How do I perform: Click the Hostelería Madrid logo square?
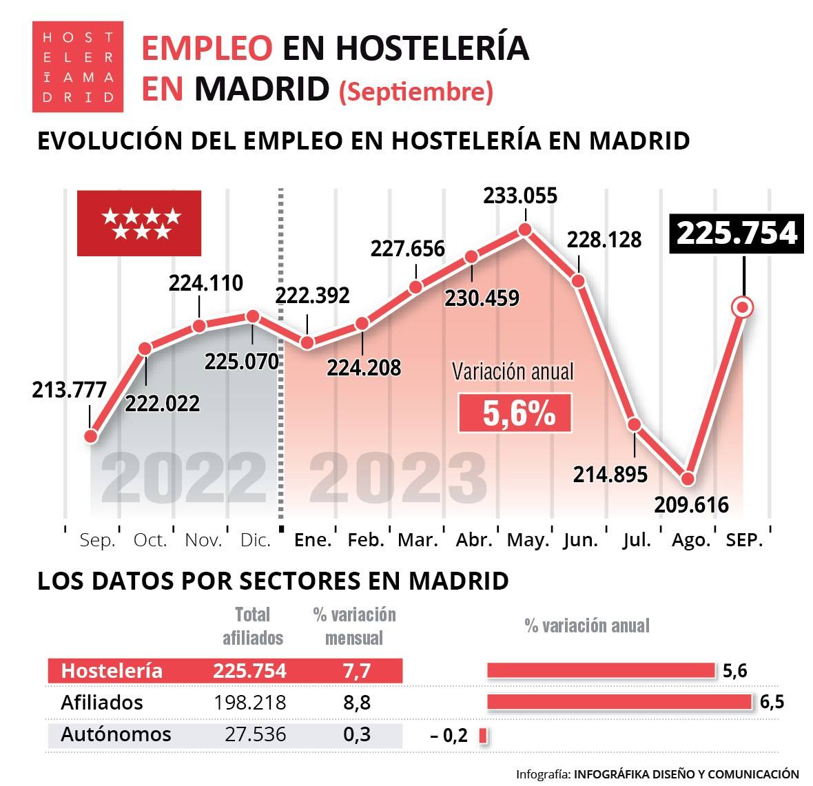pos(78,67)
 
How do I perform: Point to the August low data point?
pos(687,478)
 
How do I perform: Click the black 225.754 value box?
pos(737,234)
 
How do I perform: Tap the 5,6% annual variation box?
pos(515,413)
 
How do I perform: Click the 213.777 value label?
pos(69,391)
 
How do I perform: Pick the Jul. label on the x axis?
pos(637,540)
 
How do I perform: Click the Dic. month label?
pos(255,540)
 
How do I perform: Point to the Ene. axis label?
pos(312,540)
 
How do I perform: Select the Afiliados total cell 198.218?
pos(249,703)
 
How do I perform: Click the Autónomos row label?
pos(116,734)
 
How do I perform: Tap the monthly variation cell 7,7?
pos(356,671)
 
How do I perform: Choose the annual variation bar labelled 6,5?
pos(619,702)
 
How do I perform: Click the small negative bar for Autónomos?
pos(483,736)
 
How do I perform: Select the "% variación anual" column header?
pos(586,625)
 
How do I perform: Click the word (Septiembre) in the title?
pos(415,92)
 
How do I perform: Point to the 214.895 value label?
pos(610,474)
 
